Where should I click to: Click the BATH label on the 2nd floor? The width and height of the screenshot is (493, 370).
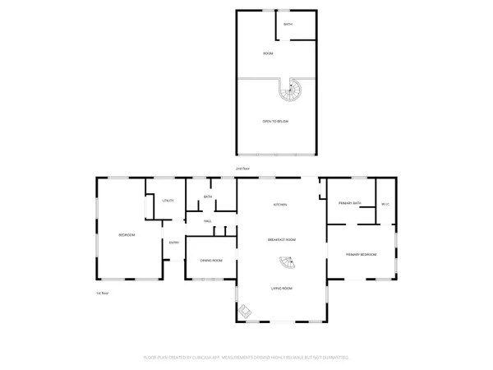[288, 25]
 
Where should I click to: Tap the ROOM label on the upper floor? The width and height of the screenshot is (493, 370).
[268, 53]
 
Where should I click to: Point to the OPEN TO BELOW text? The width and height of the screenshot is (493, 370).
[275, 122]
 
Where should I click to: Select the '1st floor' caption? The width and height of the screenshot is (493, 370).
[102, 293]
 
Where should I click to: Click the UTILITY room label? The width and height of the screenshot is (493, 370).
[168, 201]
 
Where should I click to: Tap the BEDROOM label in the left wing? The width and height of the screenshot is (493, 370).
[127, 235]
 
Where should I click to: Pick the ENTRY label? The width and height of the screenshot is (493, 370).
[174, 243]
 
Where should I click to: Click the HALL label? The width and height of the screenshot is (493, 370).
[208, 220]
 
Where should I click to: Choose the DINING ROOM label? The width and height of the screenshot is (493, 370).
[211, 261]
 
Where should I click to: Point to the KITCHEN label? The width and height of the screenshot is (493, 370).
[281, 205]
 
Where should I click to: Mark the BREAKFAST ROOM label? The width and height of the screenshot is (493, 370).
[281, 239]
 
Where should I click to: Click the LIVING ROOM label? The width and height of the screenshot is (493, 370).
[281, 289]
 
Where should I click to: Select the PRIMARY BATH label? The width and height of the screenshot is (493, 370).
[350, 203]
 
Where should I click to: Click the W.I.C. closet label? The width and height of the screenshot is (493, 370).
[385, 203]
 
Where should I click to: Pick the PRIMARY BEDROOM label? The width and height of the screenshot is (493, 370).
[361, 255]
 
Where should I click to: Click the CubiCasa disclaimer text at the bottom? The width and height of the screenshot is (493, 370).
[246, 358]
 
